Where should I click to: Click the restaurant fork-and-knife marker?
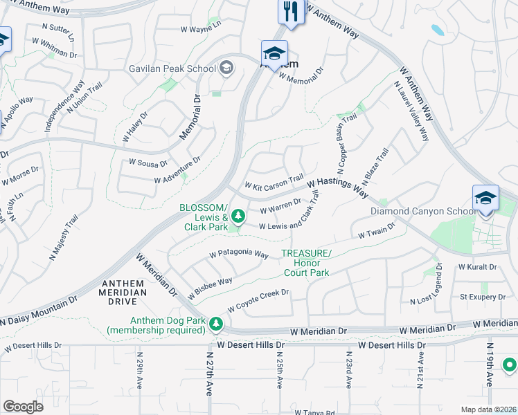[291, 12]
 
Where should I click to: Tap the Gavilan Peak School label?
[172, 68]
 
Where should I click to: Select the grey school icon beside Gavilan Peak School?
[226, 68]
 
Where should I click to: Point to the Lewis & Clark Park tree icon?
[238, 217]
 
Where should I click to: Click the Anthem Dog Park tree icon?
[217, 323]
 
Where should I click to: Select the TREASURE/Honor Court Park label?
[305, 263]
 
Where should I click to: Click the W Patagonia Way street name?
[238, 255]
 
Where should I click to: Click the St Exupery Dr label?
[483, 297]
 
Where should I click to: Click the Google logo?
[23, 406]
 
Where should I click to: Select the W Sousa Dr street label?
[148, 163]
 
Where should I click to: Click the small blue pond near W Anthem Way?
[438, 30]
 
